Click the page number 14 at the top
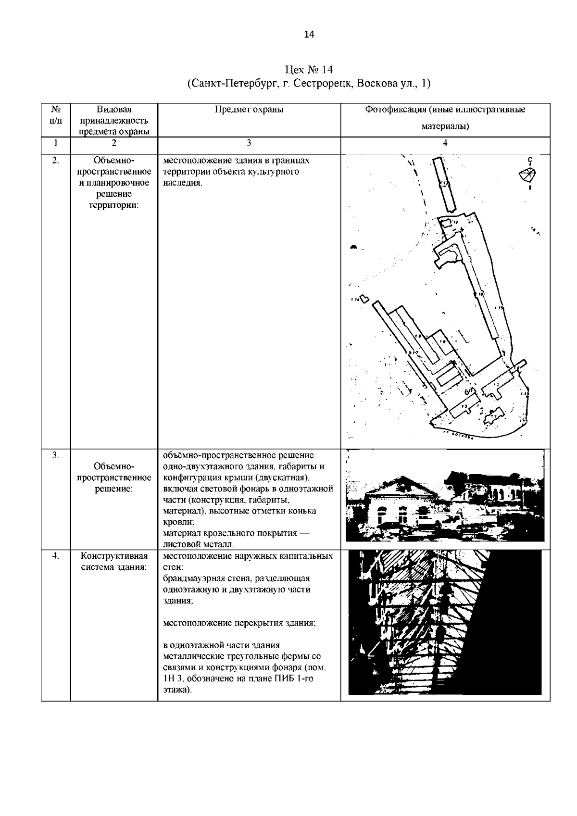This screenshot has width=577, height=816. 309,34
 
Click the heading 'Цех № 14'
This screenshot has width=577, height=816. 309,70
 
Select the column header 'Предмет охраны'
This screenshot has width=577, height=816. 249,110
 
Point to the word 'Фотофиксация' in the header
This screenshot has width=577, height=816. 389,110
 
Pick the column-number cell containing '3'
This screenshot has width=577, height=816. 249,142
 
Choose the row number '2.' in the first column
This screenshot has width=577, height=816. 56,161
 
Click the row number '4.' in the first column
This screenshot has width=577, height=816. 56,556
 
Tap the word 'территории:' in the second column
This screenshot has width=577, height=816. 114,205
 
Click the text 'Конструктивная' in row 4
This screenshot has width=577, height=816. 114,556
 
